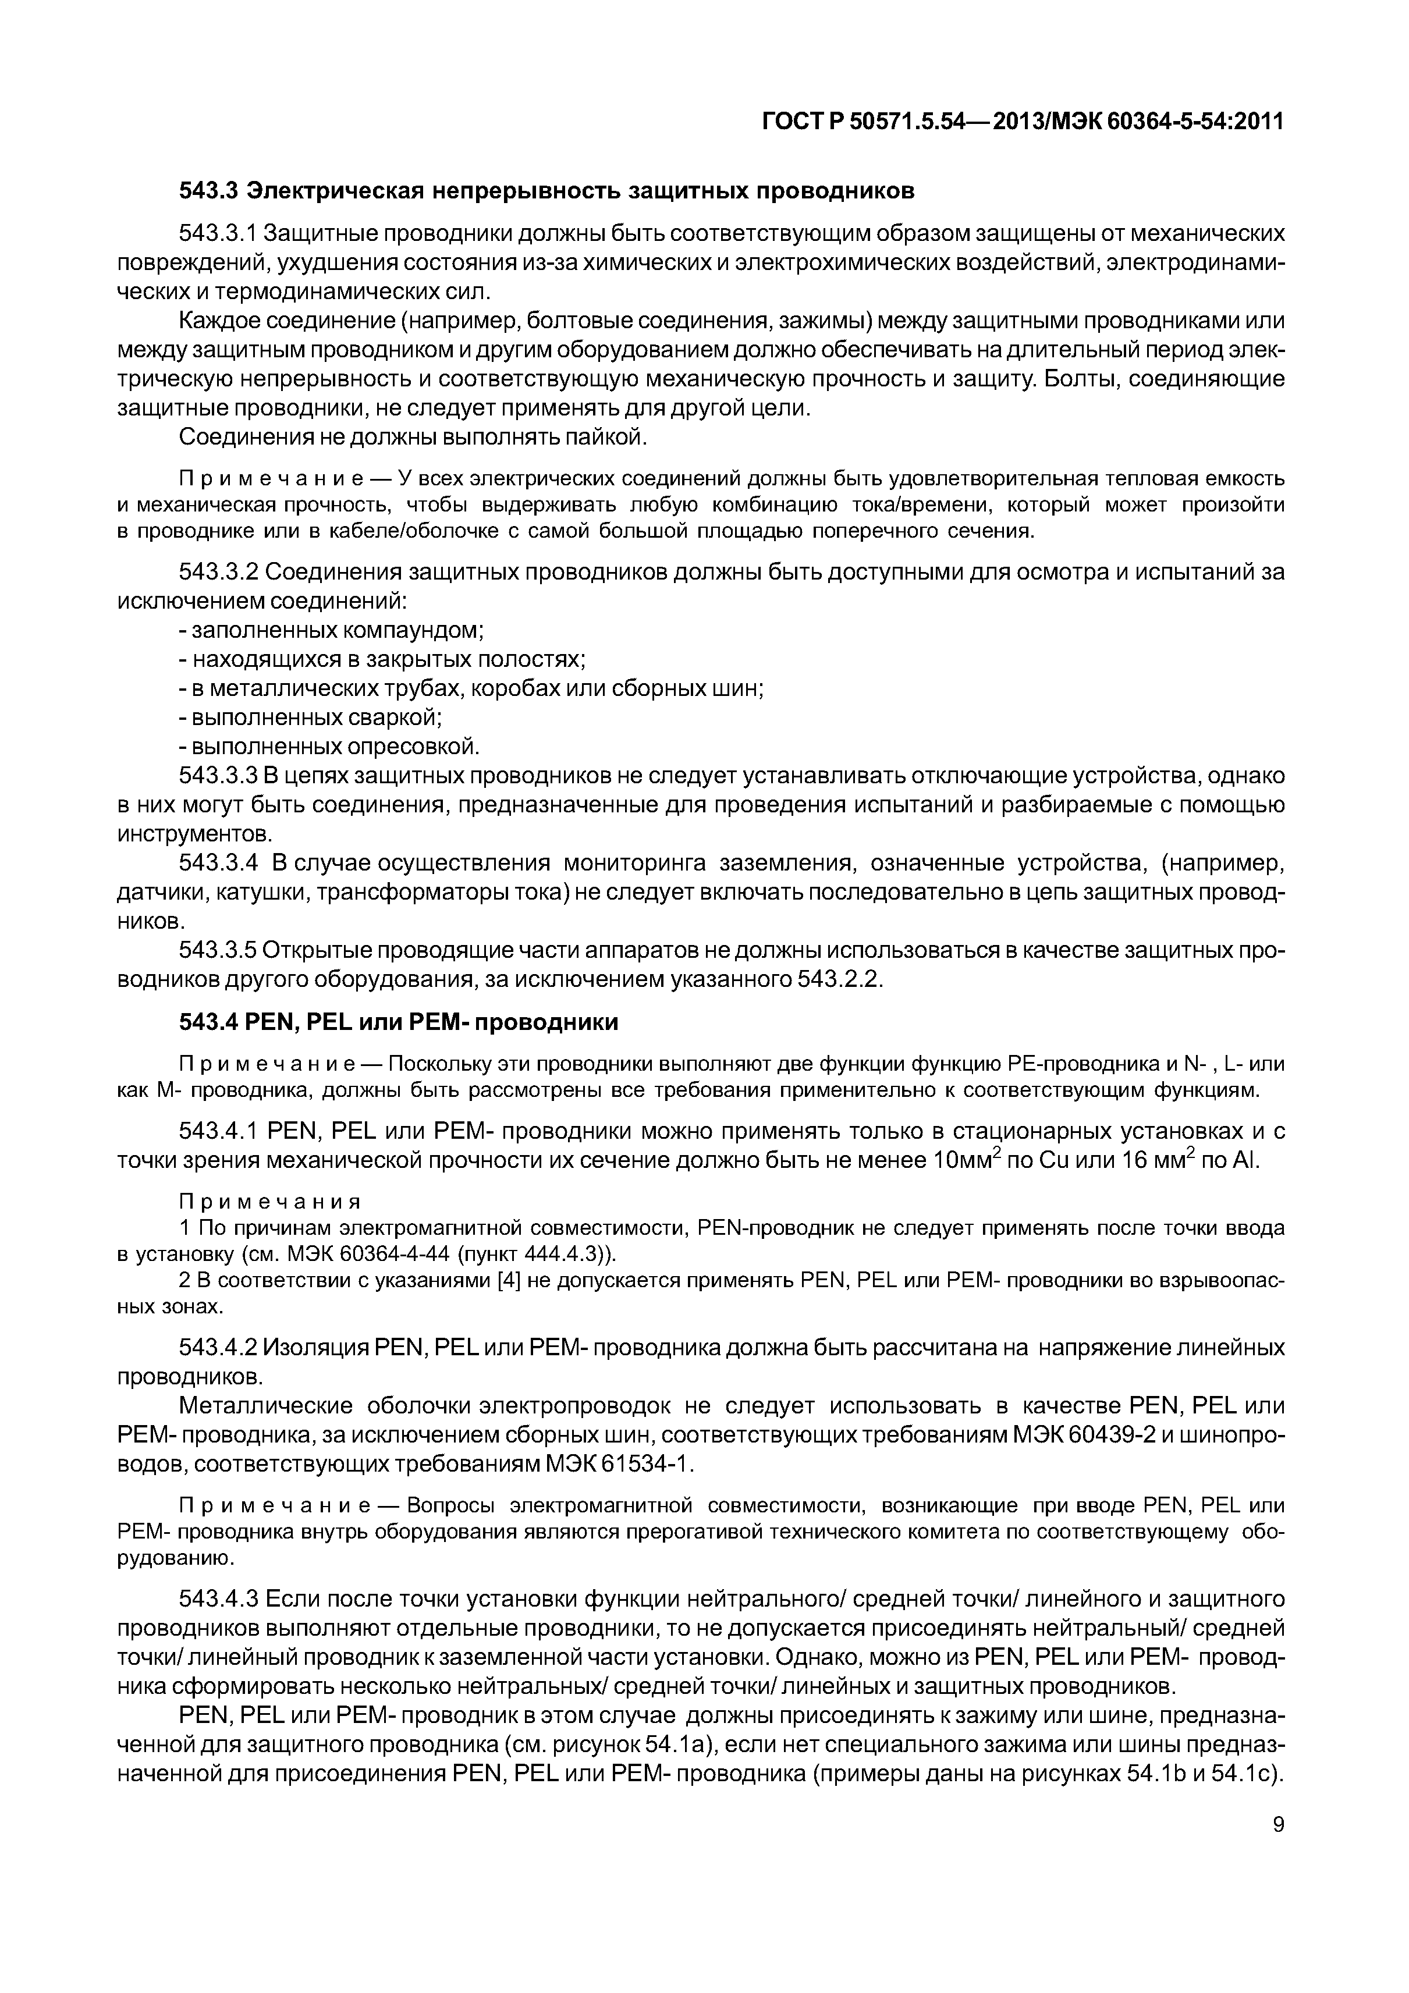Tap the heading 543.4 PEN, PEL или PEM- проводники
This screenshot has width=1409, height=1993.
[399, 1022]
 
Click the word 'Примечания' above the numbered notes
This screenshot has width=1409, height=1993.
[269, 1202]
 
